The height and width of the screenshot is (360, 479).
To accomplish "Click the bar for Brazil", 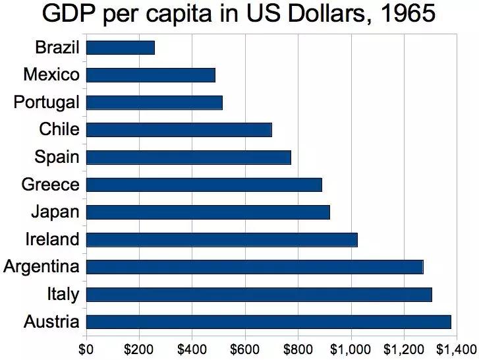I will tap(121, 47).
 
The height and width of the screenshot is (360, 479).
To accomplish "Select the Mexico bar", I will tap(151, 75).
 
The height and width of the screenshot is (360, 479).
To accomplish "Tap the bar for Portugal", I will tap(154, 102).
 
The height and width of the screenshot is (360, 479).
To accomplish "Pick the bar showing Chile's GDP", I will tap(179, 129).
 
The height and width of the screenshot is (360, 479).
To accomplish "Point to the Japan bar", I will tap(208, 212).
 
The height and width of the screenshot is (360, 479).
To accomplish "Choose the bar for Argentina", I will tap(254, 267).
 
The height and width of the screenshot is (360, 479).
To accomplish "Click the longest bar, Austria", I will tap(268, 322).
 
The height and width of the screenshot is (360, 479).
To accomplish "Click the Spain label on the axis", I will tap(57, 157).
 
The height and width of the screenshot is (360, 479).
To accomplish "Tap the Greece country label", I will tap(50, 185).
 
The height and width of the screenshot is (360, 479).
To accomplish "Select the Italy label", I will tap(63, 294).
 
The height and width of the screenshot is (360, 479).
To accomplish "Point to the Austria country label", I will tap(51, 322).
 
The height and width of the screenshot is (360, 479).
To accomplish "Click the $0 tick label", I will tap(86, 348).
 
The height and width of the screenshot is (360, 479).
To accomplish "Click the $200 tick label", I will tap(139, 348).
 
